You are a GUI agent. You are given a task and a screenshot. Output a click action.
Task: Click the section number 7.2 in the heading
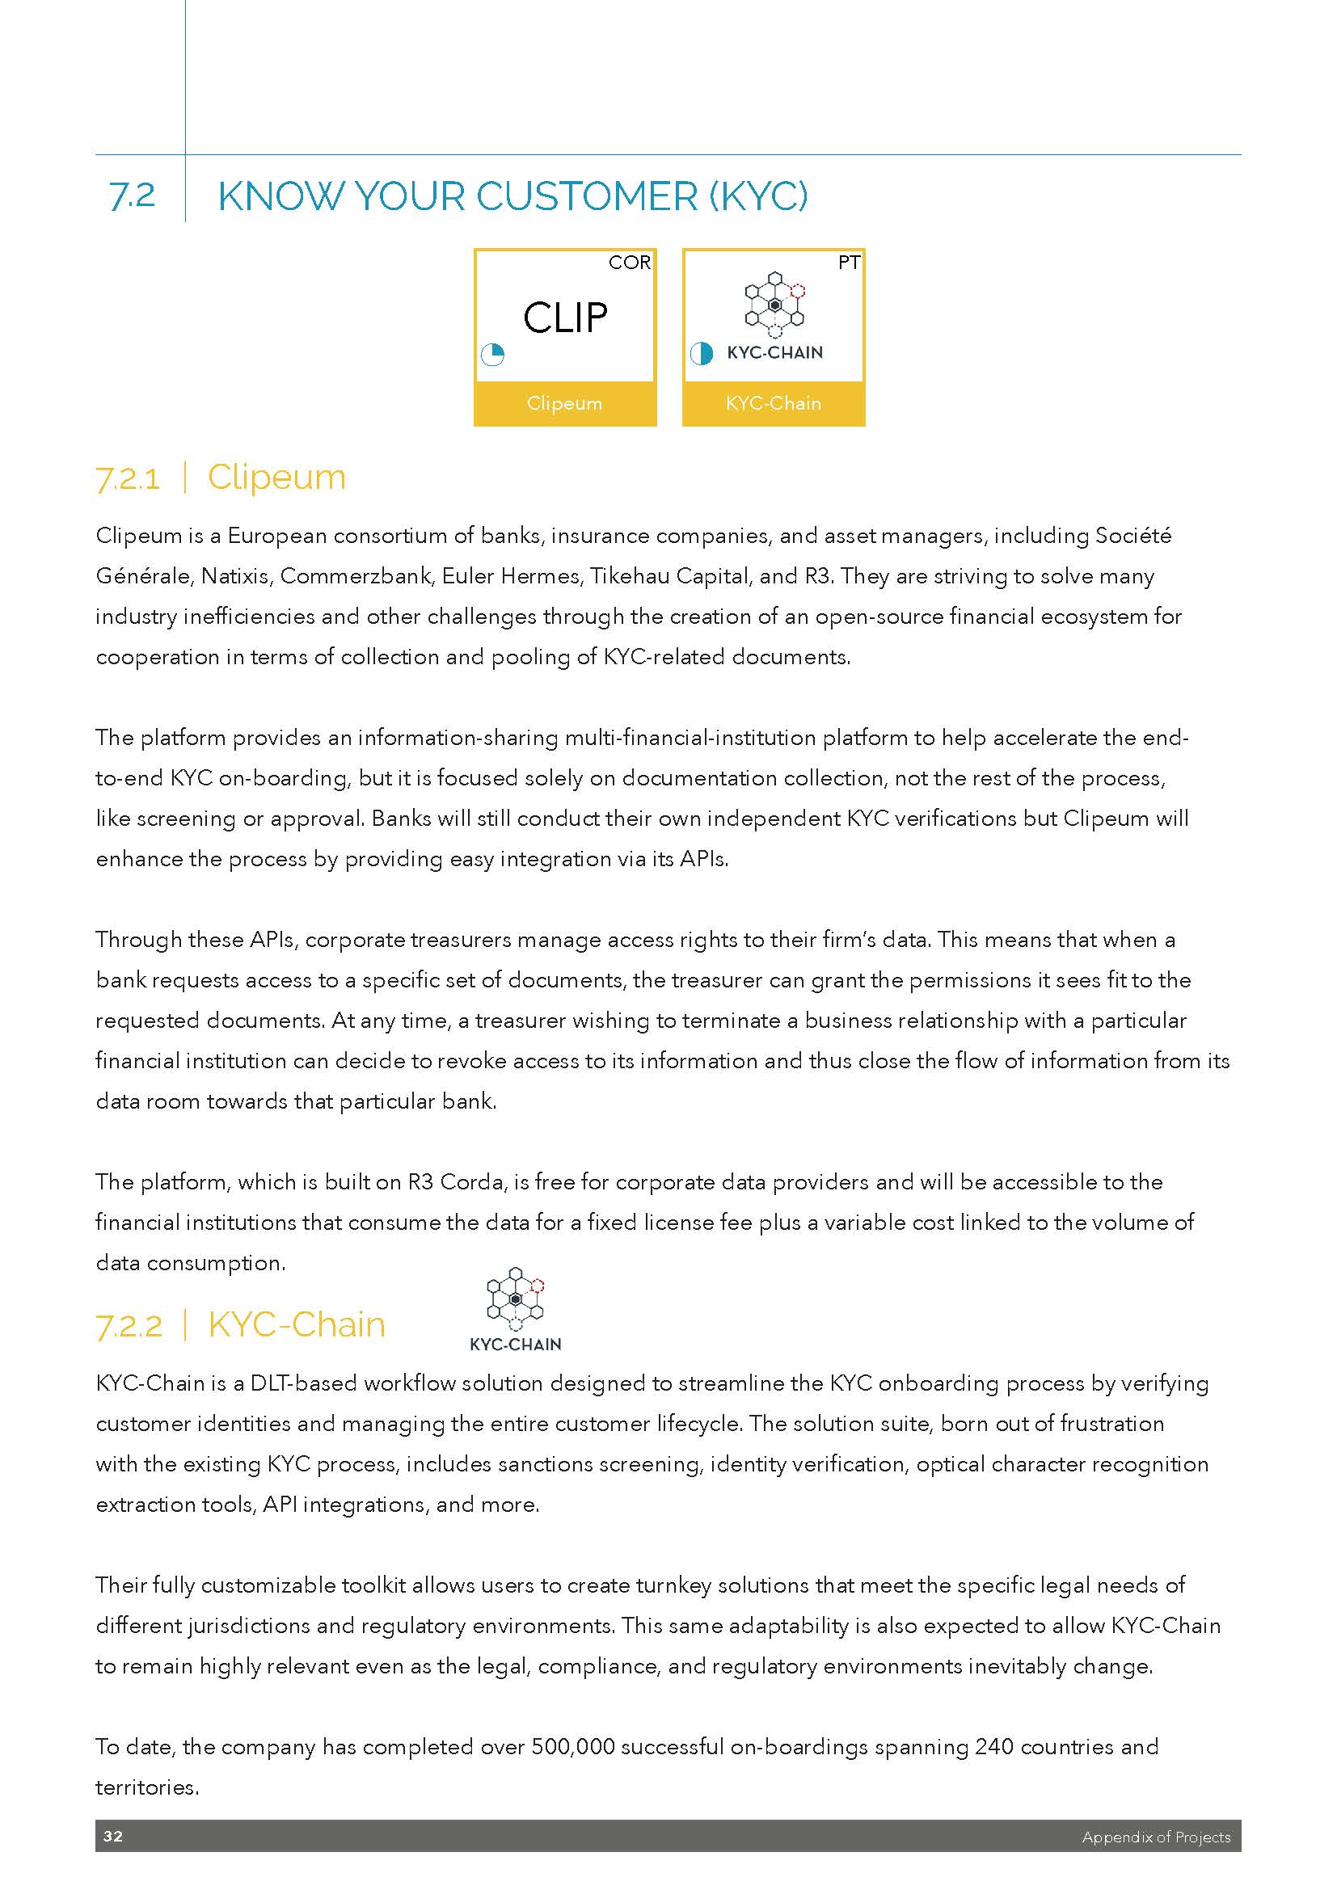[x=132, y=195]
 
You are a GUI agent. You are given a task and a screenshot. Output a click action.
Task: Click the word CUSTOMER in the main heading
[x=586, y=196]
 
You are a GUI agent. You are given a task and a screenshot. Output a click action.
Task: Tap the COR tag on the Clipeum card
[x=629, y=263]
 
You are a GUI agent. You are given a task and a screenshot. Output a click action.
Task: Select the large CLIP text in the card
[x=565, y=318]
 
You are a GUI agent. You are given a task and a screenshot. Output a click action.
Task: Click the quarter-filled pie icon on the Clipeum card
[x=492, y=355]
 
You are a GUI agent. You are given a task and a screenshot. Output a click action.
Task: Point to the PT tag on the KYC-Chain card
[x=849, y=263]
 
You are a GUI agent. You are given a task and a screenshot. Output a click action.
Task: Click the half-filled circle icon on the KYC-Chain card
[x=701, y=353]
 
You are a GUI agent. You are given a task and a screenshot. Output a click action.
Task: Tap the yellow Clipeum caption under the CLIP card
[x=565, y=403]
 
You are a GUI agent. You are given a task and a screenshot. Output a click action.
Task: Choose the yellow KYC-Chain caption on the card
[x=773, y=403]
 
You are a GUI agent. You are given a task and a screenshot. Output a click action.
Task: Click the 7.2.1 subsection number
[x=128, y=478]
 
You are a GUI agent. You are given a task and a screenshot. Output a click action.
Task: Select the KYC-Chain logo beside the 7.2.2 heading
[x=516, y=1310]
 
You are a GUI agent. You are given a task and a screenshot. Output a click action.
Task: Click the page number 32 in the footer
[x=113, y=1837]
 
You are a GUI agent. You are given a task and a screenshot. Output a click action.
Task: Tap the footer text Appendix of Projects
[x=1156, y=1837]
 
